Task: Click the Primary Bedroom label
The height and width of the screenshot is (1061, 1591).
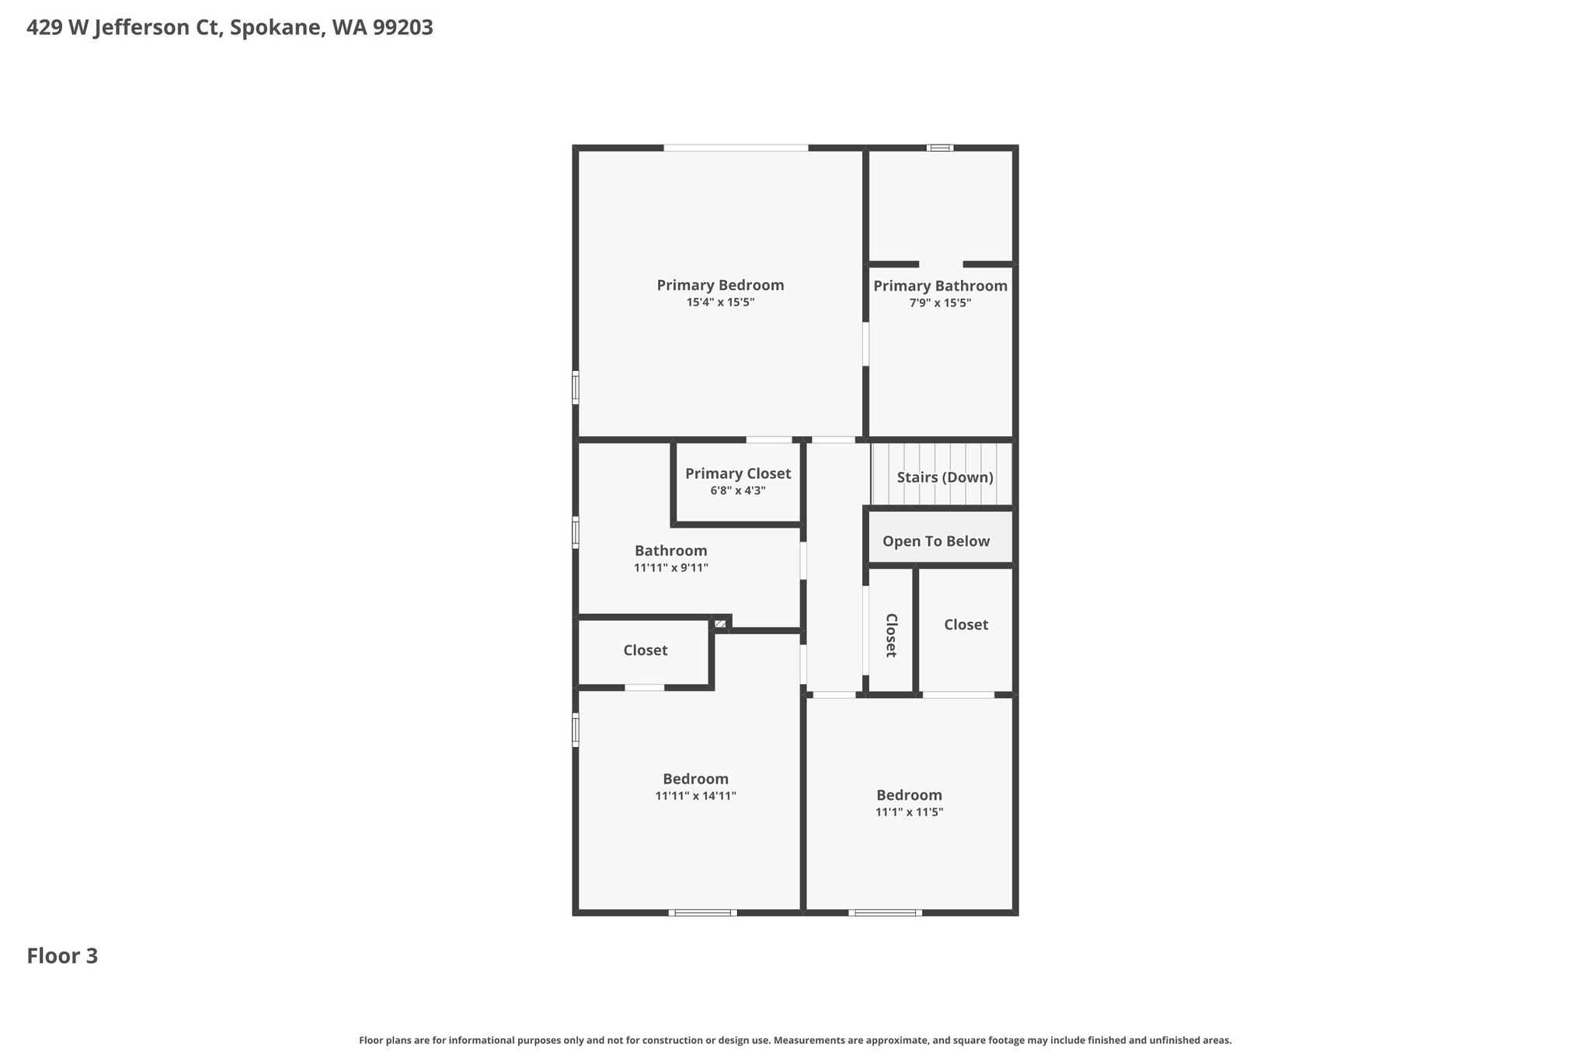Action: tap(720, 285)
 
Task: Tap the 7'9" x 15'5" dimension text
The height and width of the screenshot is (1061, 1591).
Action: tap(940, 303)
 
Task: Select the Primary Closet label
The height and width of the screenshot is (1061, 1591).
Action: tap(738, 473)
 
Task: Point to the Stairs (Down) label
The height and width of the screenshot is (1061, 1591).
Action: tap(945, 477)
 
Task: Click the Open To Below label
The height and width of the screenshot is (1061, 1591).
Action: tap(936, 541)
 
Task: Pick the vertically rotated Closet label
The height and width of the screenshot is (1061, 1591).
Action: tap(891, 635)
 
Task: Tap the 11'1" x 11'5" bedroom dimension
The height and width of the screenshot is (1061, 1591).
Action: tap(909, 812)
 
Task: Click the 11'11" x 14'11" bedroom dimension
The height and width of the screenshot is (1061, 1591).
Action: tap(695, 796)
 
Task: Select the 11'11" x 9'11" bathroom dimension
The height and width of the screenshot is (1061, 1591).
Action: tap(670, 568)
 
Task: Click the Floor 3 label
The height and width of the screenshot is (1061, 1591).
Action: tap(62, 956)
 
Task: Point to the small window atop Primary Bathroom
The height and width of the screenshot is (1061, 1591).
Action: tap(940, 148)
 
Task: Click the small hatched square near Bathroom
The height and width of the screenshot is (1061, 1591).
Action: tap(720, 623)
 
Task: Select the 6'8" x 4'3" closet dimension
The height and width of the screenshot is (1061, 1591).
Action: tap(738, 491)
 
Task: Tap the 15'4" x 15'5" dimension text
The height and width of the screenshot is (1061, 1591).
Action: tap(720, 302)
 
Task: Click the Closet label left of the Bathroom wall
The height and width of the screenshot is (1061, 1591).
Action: tap(645, 650)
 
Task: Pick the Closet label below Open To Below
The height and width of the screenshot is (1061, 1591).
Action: tap(966, 624)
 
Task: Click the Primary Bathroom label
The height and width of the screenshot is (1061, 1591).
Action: tap(940, 286)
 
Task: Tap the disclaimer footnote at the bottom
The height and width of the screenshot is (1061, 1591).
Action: tap(795, 1040)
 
